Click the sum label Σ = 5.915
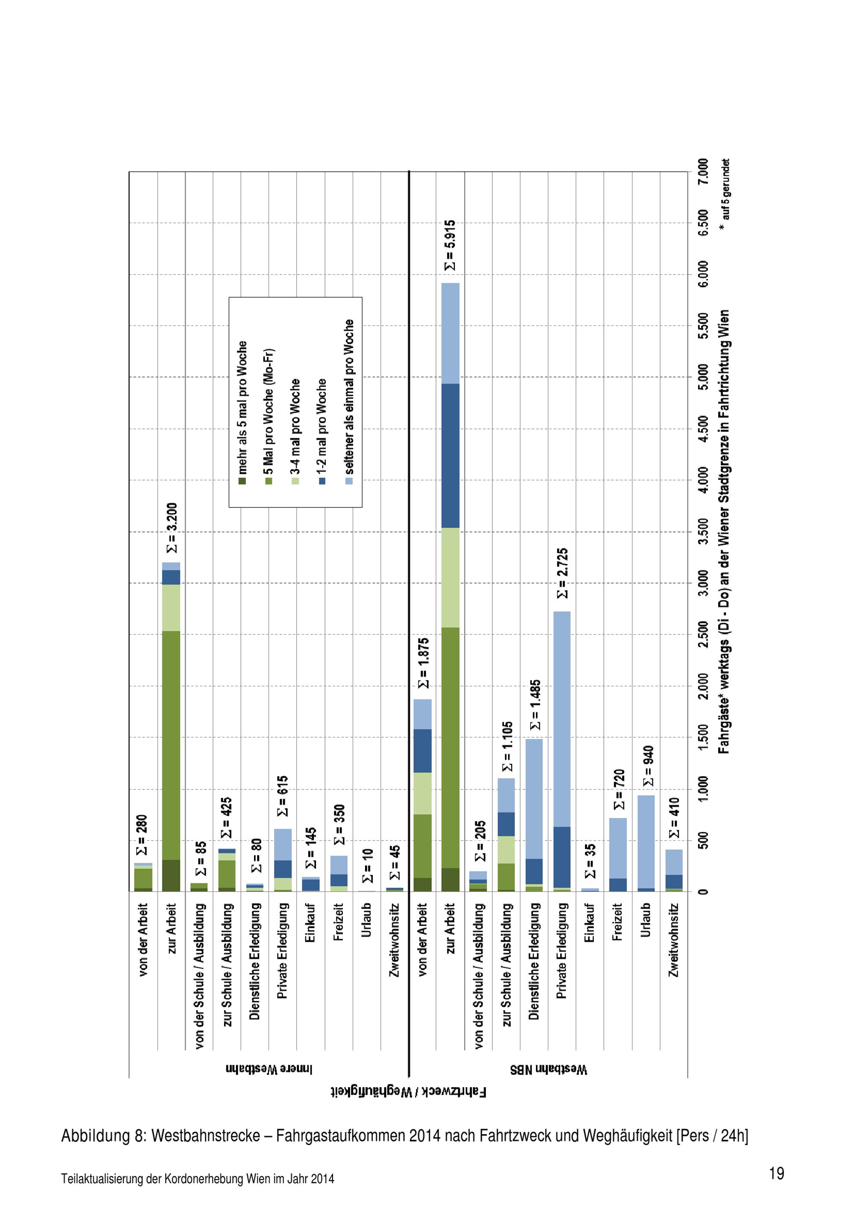point(450,245)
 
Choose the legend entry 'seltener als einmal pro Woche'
point(349,402)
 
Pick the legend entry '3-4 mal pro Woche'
point(295,431)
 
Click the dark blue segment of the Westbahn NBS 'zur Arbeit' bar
point(450,456)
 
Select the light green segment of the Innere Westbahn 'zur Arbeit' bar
point(171,608)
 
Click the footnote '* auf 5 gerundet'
point(725,196)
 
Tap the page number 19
point(776,1173)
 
